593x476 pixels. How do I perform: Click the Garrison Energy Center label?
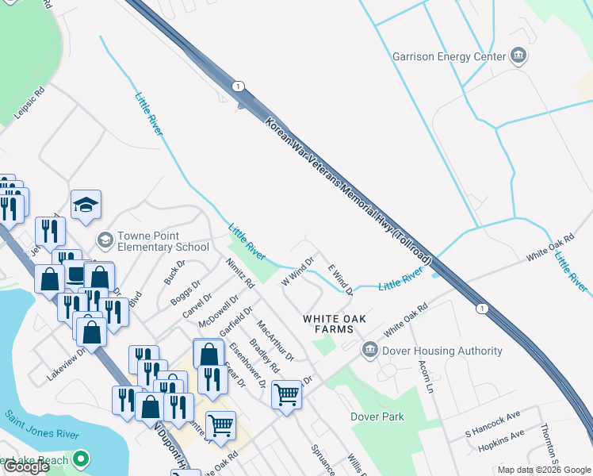tap(449, 56)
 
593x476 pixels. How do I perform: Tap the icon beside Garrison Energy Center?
tap(519, 56)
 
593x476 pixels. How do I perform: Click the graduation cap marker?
tap(86, 205)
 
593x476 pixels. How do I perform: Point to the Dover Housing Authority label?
tap(442, 351)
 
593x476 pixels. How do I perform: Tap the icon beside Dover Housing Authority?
tap(369, 350)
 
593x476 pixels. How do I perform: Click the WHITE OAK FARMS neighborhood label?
tap(335, 324)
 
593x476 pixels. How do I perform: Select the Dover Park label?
tap(377, 416)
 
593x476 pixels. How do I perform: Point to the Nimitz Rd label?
tap(239, 273)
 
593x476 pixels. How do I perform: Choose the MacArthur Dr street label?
tap(275, 340)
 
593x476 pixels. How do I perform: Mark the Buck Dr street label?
tap(174, 271)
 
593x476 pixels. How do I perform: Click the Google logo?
tap(27, 466)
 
